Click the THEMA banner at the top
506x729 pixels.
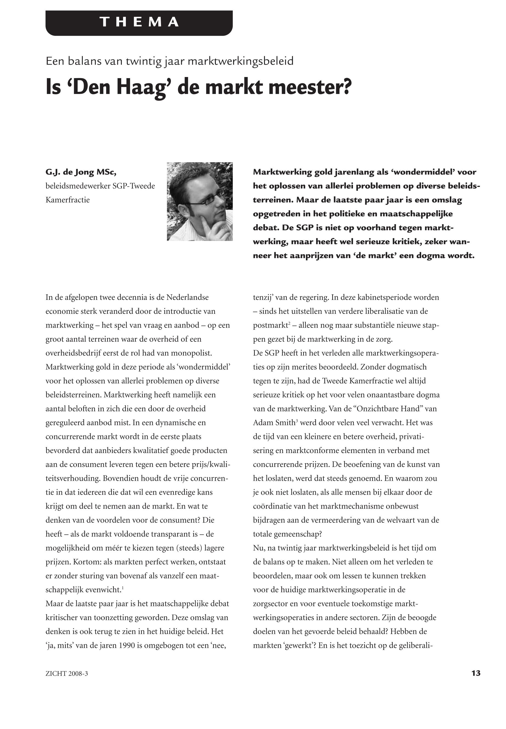click(139, 22)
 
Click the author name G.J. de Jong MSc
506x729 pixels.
click(81, 172)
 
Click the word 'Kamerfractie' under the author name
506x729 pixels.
click(67, 200)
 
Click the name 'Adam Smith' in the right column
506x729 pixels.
click(270, 423)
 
